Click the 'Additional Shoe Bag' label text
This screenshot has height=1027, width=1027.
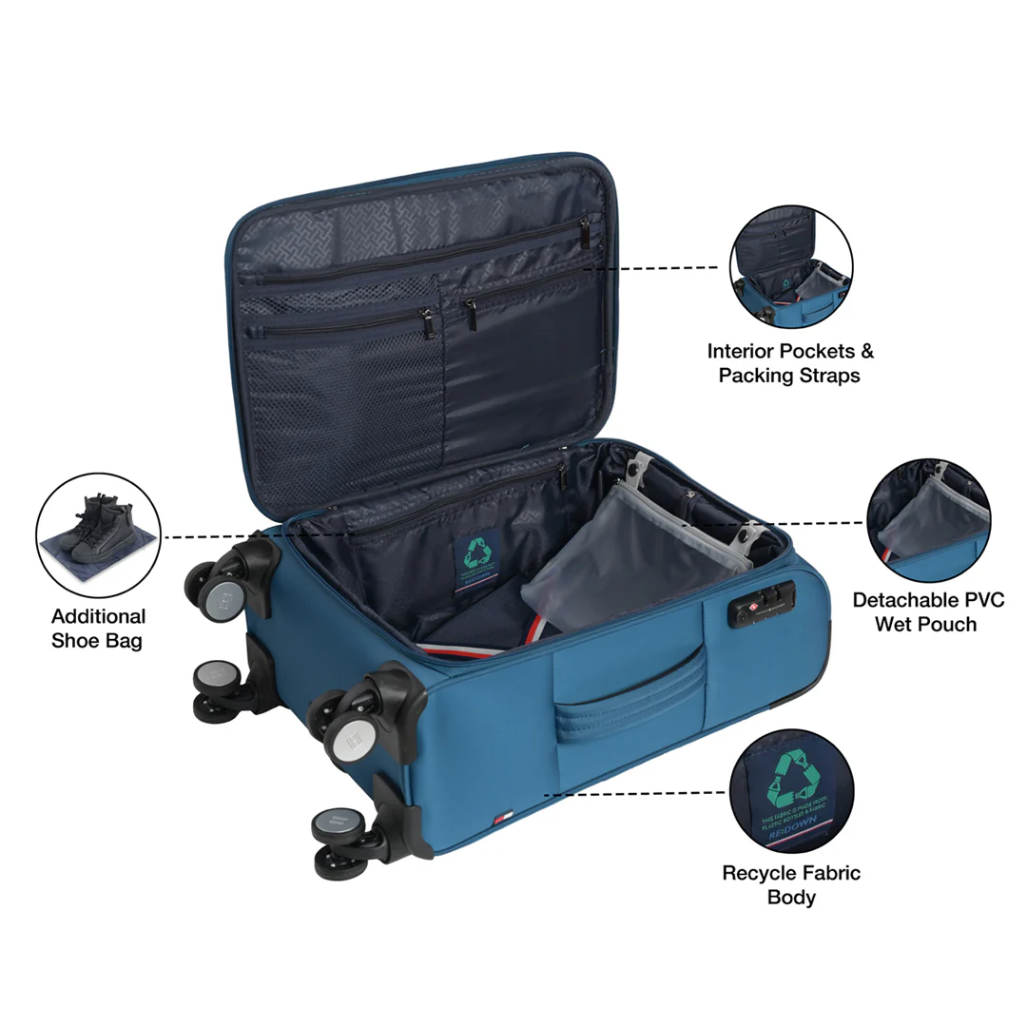coord(98,629)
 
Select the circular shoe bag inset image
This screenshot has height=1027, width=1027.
coord(98,535)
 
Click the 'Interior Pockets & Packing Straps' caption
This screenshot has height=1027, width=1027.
coord(789,363)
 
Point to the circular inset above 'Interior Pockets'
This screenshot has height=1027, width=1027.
coord(791,267)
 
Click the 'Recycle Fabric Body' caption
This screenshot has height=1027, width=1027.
coord(791,884)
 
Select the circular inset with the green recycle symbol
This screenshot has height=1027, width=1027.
coord(791,791)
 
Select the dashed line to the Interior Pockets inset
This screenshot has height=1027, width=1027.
coord(656,268)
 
